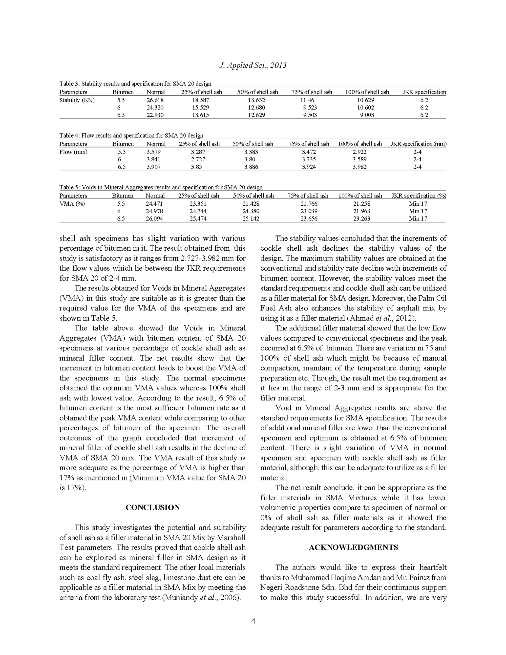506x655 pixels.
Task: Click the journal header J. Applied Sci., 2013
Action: [253, 65]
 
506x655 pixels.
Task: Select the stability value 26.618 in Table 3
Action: [155, 100]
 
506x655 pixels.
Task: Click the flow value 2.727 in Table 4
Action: [198, 159]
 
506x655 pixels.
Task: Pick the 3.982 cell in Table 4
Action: [359, 167]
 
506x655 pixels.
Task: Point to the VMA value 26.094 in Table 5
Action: [154, 219]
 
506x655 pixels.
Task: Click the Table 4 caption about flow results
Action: [131, 135]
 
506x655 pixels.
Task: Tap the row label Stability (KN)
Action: [77, 100]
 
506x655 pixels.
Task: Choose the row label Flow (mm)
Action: [73, 152]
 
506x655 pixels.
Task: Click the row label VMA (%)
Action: [72, 204]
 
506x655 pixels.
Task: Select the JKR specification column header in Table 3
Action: [424, 92]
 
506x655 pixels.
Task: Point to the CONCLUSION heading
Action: [153, 507]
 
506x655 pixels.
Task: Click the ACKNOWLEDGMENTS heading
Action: [353, 547]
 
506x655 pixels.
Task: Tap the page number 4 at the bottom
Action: [253, 621]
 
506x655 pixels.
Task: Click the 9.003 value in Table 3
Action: [367, 115]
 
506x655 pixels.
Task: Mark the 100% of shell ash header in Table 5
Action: [360, 196]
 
